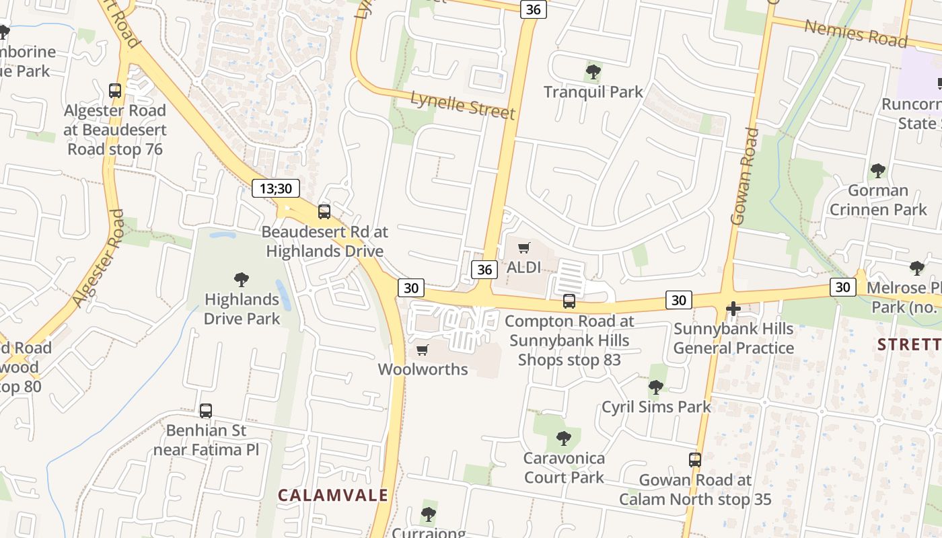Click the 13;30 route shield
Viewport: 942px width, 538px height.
click(276, 188)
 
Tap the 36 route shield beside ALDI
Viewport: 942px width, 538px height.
click(484, 270)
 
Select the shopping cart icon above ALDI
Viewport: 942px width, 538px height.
click(524, 247)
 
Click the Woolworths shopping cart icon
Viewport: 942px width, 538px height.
click(423, 350)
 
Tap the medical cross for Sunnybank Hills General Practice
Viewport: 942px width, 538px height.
click(733, 309)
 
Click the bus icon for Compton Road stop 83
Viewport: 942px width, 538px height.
click(569, 301)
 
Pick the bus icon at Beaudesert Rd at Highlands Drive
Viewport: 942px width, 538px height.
click(324, 212)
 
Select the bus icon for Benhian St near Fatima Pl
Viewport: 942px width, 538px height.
click(206, 410)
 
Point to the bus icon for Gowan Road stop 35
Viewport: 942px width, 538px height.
click(695, 460)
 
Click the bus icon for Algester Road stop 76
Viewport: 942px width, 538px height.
click(115, 90)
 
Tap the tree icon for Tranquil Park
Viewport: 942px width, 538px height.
click(593, 71)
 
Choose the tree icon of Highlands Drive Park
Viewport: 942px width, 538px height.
click(242, 279)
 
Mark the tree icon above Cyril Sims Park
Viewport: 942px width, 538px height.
click(656, 387)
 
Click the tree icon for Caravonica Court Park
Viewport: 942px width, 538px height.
click(564, 438)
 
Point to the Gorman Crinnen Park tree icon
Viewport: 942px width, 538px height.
click(878, 170)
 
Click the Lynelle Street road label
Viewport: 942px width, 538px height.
click(463, 105)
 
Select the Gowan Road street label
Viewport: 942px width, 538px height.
click(744, 176)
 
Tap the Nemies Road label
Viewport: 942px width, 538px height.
click(856, 32)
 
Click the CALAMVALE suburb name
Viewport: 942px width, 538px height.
click(333, 496)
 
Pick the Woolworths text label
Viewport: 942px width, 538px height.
click(423, 369)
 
